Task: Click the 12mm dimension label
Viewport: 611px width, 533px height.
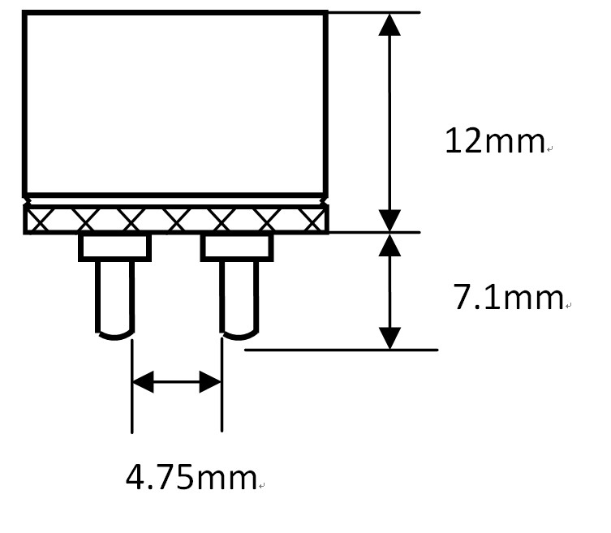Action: (x=494, y=141)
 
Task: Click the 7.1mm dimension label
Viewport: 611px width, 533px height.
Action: (x=509, y=297)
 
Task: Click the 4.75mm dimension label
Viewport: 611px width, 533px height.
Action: (x=191, y=477)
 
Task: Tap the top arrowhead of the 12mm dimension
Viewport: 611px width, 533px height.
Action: (x=389, y=24)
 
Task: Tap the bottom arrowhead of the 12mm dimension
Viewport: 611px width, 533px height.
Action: (x=389, y=221)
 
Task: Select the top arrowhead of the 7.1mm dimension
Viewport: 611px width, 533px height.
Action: (x=389, y=245)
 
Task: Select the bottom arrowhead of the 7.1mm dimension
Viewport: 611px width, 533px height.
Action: (x=389, y=338)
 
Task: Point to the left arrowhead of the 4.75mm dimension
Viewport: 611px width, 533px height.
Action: (x=144, y=382)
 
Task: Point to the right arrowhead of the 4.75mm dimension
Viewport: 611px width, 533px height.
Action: (x=210, y=382)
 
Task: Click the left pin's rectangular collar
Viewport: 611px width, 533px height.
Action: (x=115, y=247)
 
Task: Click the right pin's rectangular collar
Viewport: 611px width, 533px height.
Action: (x=237, y=247)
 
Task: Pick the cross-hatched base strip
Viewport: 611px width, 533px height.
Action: (x=176, y=219)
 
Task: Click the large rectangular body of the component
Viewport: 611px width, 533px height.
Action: (x=175, y=103)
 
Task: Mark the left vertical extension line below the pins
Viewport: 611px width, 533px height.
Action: (x=132, y=386)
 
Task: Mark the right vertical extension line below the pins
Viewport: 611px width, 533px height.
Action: (x=222, y=385)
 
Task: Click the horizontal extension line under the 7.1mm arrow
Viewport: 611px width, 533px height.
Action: (x=342, y=350)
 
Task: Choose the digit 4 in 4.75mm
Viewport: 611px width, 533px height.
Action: (x=135, y=477)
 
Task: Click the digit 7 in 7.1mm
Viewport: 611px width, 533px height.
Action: (x=463, y=297)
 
